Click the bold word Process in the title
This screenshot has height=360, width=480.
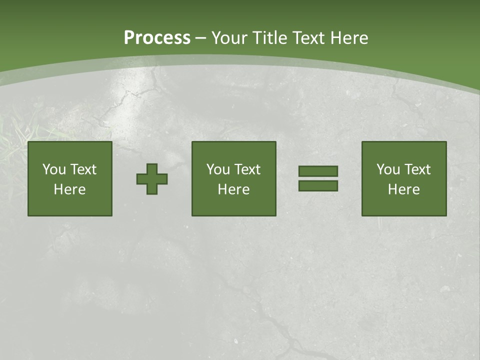click(157, 38)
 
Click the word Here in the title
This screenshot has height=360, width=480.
click(349, 38)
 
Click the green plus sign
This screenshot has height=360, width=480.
click(152, 179)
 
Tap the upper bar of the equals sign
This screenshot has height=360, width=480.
click(318, 171)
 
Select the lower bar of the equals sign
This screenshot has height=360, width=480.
click(318, 185)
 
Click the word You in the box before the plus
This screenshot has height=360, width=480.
click(54, 169)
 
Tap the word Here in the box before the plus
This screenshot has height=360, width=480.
click(70, 189)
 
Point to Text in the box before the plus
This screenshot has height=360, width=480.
click(83, 169)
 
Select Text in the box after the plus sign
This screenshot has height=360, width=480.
click(247, 169)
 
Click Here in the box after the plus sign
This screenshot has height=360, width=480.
click(234, 189)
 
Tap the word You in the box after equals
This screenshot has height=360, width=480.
click(388, 169)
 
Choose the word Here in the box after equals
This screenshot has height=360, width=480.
click(404, 189)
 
